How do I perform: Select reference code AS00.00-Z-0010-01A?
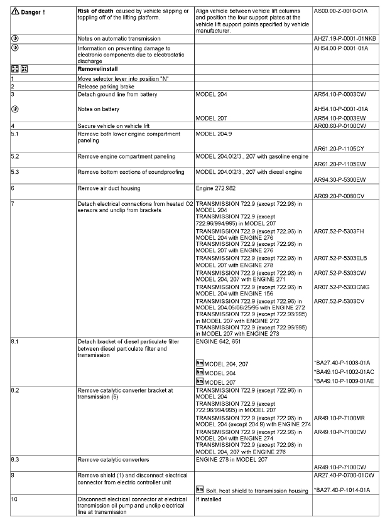click(340, 11)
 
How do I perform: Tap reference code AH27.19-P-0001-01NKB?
click(345, 39)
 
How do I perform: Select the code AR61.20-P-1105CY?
click(340, 149)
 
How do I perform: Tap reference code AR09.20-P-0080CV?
click(340, 196)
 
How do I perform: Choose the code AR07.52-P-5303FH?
click(339, 232)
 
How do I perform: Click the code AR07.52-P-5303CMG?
click(342, 287)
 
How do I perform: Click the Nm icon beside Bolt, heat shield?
click(200, 489)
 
